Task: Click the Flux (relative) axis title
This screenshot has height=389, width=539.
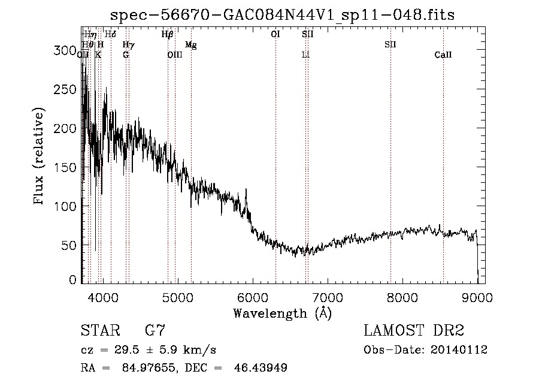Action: pyautogui.click(x=40, y=157)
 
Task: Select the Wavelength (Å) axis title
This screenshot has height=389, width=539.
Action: pyautogui.click(x=282, y=313)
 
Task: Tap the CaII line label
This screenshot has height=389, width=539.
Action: pyautogui.click(x=443, y=55)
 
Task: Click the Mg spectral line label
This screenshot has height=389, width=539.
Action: pyautogui.click(x=190, y=45)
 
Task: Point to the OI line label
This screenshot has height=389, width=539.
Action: pyautogui.click(x=275, y=34)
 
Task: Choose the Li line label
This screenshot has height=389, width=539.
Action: pyautogui.click(x=305, y=55)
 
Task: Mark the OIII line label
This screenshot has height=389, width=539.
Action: pyautogui.click(x=174, y=55)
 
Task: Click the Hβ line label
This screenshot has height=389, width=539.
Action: pyautogui.click(x=168, y=35)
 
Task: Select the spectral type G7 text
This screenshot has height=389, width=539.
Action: pyautogui.click(x=155, y=331)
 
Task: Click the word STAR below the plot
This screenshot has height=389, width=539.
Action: pyautogui.click(x=99, y=331)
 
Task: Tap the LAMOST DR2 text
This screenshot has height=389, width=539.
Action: pyautogui.click(x=414, y=331)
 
